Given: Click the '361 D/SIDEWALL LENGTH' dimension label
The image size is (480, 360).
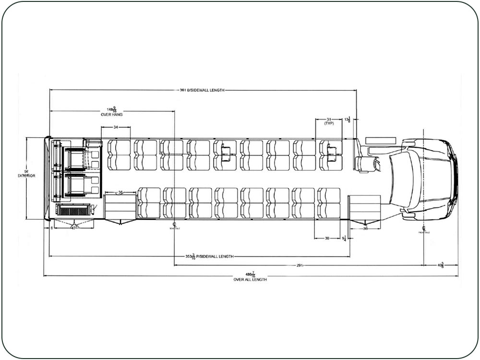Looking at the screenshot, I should pos(202,90).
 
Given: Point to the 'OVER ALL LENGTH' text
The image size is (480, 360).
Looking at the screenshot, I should pos(250,279).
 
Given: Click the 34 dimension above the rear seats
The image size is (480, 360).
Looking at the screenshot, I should pos(116,127).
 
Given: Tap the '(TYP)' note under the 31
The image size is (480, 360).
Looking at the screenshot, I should pos(329,123).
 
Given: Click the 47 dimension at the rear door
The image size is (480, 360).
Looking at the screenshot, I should pos(73,228).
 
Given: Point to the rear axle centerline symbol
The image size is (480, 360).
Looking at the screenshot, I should pos(174,225).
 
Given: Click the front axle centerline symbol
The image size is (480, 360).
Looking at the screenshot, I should pos(424,228).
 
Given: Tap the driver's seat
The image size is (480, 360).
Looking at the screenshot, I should pos(367,163).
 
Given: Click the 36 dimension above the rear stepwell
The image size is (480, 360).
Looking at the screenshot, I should pos(120,192).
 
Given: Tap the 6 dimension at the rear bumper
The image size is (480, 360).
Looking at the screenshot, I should pos(51,228).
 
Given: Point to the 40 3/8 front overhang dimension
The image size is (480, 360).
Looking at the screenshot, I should pos(440,264).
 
